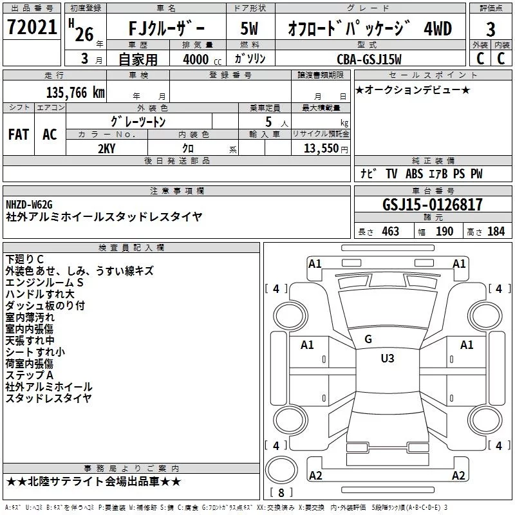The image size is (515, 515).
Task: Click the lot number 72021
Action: click(x=32, y=28)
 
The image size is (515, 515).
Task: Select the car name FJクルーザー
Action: click(x=165, y=28)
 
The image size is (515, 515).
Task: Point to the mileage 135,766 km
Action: click(x=75, y=92)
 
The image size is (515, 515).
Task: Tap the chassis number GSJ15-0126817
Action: click(x=432, y=205)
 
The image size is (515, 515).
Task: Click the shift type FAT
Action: click(x=18, y=135)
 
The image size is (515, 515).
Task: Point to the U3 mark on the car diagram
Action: click(x=387, y=359)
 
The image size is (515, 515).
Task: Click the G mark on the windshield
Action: click(x=368, y=339)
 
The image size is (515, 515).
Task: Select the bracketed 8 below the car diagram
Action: click(x=281, y=493)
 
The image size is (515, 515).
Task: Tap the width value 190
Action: click(x=444, y=231)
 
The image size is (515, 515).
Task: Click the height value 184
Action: click(x=496, y=231)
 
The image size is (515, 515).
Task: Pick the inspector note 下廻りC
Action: click(x=25, y=259)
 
